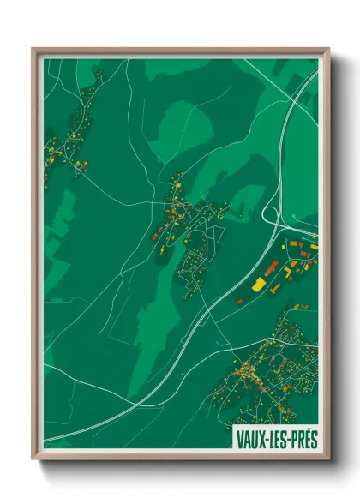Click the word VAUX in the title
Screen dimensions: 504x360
click(249, 436)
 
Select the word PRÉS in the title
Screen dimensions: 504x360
click(302, 436)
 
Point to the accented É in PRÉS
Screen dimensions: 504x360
click(306, 436)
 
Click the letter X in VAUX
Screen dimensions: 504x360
click(260, 436)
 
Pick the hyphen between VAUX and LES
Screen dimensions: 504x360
click(265, 437)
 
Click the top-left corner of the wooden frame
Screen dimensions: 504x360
click(33, 48)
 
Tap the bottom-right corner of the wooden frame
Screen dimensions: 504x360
click(329, 459)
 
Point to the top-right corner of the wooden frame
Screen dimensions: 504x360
click(329, 48)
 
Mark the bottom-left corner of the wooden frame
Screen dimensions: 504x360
click(33, 459)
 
